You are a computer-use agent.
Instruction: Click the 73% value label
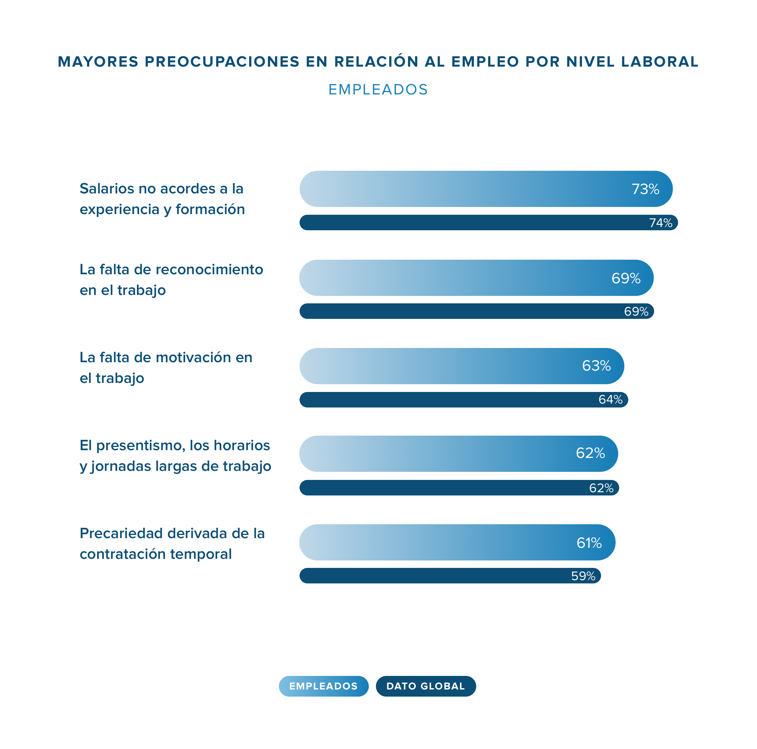(x=645, y=189)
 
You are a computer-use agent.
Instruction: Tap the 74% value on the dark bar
(x=661, y=223)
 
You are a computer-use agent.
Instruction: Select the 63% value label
(x=596, y=366)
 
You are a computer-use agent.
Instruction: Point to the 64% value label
(x=610, y=400)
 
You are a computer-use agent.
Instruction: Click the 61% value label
(x=589, y=543)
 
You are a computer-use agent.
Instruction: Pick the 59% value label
(x=583, y=576)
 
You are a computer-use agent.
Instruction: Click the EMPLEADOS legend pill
(x=323, y=686)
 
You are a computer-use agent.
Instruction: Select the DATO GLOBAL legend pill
(x=425, y=686)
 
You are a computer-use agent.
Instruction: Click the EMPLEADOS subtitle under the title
(x=378, y=90)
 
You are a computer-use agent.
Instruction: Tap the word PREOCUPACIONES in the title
(x=222, y=62)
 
